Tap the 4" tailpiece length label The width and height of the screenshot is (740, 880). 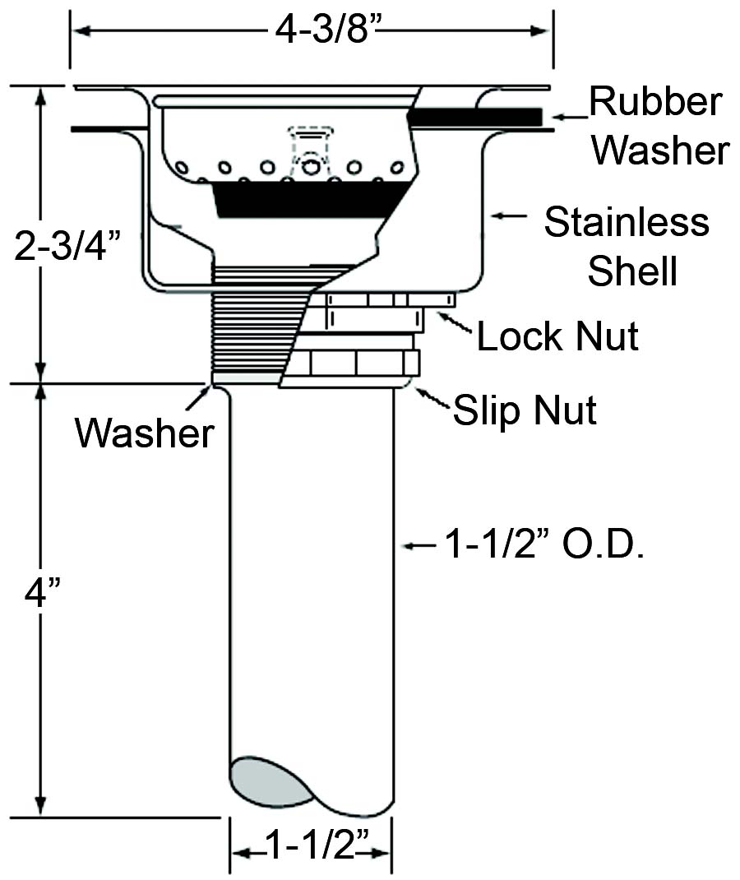38,592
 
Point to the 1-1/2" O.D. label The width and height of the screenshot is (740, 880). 543,544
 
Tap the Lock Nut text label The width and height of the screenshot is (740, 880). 557,336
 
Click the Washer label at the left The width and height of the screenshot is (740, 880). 145,432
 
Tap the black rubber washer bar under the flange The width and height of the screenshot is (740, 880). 474,117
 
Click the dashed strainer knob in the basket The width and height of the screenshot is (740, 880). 310,146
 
